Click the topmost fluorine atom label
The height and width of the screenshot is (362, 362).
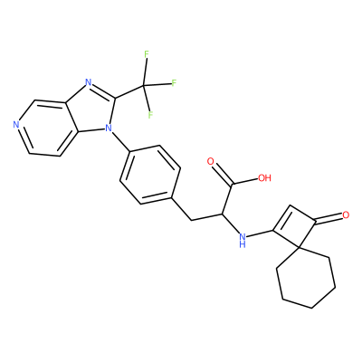[x=147, y=54]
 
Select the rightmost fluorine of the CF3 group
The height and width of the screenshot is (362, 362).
[x=174, y=83]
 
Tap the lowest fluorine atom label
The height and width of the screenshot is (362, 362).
[x=150, y=115]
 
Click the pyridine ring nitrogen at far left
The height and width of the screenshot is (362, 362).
[x=16, y=125]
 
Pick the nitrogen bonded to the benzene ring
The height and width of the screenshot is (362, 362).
[x=108, y=129]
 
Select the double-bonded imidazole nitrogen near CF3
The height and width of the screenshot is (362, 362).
[x=88, y=81]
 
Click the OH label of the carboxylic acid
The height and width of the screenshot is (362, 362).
[x=264, y=178]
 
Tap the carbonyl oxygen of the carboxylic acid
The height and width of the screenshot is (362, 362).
[x=211, y=161]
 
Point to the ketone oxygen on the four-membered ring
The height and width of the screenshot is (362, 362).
[x=346, y=215]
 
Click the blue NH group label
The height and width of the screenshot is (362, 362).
[x=242, y=239]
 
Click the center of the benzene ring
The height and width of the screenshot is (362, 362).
[x=150, y=175]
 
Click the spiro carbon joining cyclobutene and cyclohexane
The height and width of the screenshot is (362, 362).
[x=299, y=248]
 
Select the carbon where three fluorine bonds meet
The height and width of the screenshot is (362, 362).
[x=144, y=86]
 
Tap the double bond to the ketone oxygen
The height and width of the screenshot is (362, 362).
[x=329, y=219]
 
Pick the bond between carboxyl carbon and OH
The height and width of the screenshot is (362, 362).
[x=245, y=181]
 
